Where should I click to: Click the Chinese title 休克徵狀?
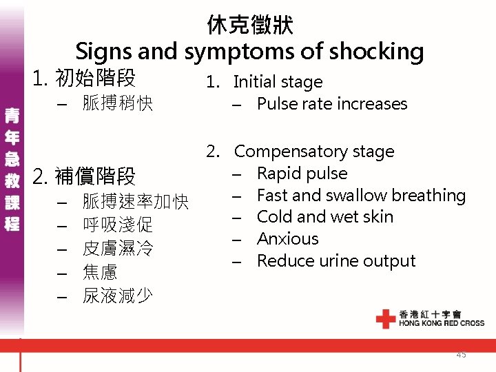coord(249,25)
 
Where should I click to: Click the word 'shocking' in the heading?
coord(378,51)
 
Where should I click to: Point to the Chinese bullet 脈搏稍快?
coord(117,105)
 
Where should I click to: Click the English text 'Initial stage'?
coord(278,82)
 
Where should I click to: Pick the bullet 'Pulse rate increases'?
coord(332,104)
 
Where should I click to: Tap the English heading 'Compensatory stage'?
coord(314,152)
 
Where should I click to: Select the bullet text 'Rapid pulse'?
coord(302,174)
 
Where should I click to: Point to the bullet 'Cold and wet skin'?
coord(325,217)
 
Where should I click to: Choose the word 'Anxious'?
coord(288,239)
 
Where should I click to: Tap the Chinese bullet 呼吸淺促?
coord(117,225)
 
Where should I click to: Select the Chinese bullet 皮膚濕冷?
coord(117,249)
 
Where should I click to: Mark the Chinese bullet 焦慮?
coord(100,272)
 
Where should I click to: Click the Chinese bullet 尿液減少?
coord(117,296)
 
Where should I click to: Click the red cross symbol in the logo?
coord(386,318)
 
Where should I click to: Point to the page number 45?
coord(461,354)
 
